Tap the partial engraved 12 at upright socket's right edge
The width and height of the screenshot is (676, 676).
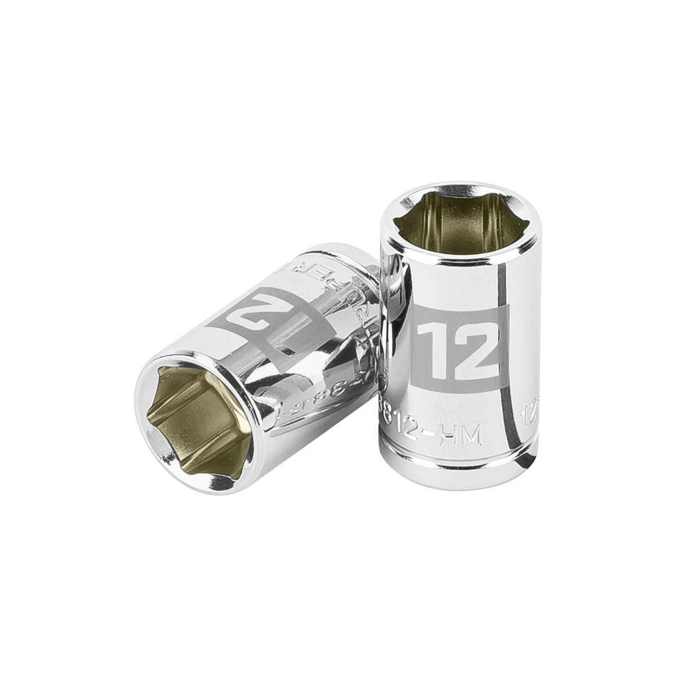pos(524,417)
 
